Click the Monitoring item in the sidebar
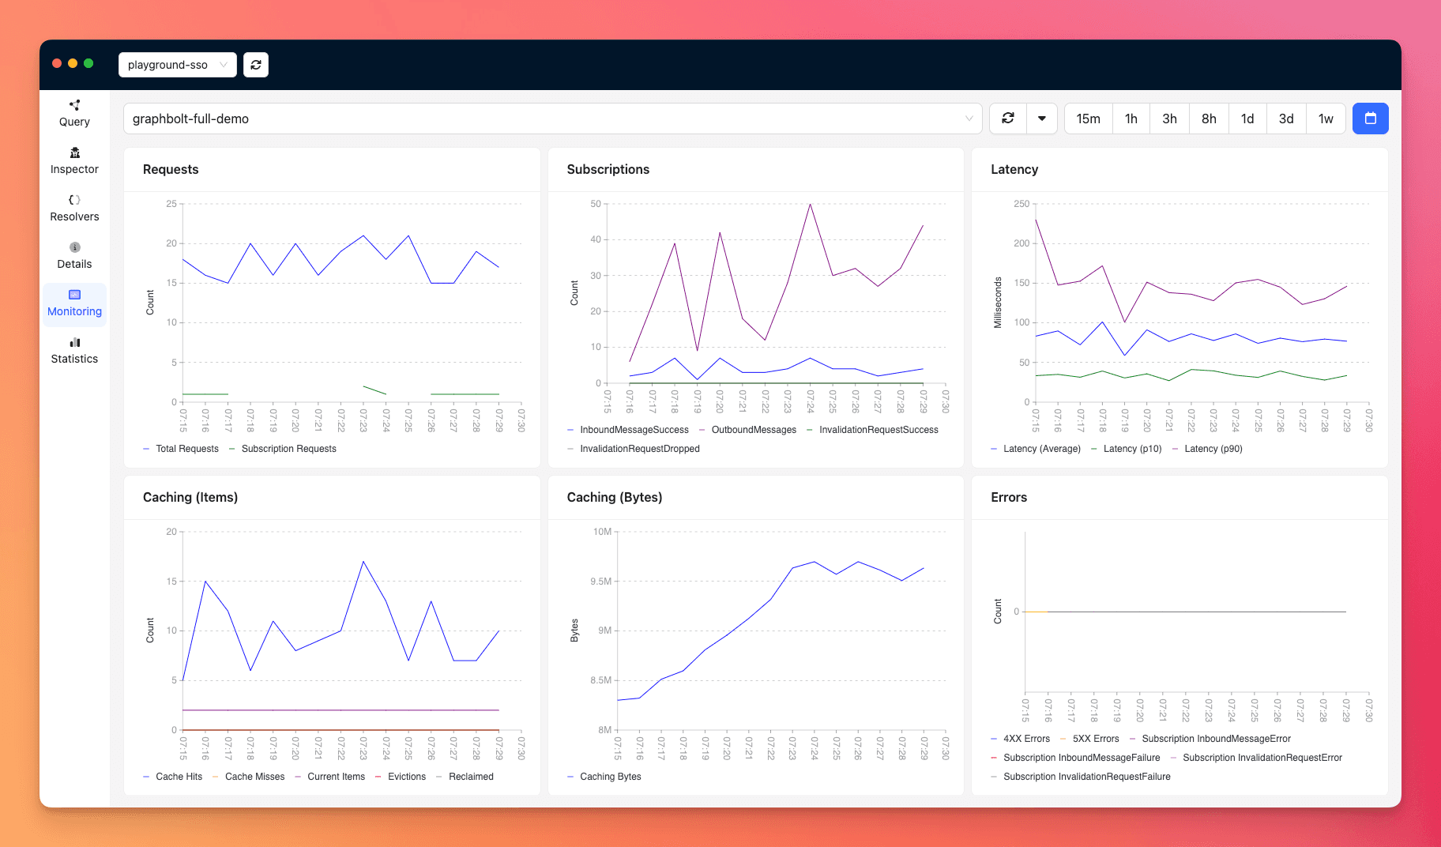tap(74, 303)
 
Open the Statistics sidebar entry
tap(74, 351)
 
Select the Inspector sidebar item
tap(74, 161)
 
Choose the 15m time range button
tap(1088, 119)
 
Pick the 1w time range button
tap(1325, 119)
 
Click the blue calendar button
tap(1370, 119)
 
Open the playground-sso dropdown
tap(177, 65)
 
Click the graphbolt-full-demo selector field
tap(551, 119)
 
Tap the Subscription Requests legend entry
tap(288, 449)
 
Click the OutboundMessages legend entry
tap(753, 430)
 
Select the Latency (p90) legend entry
tap(1213, 449)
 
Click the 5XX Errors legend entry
tap(1095, 739)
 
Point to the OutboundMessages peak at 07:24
tap(810, 204)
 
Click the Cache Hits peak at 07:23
tap(363, 562)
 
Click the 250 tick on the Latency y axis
tap(1021, 204)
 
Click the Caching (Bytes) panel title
tap(614, 497)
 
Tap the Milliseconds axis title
tap(998, 303)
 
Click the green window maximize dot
tap(88, 63)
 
